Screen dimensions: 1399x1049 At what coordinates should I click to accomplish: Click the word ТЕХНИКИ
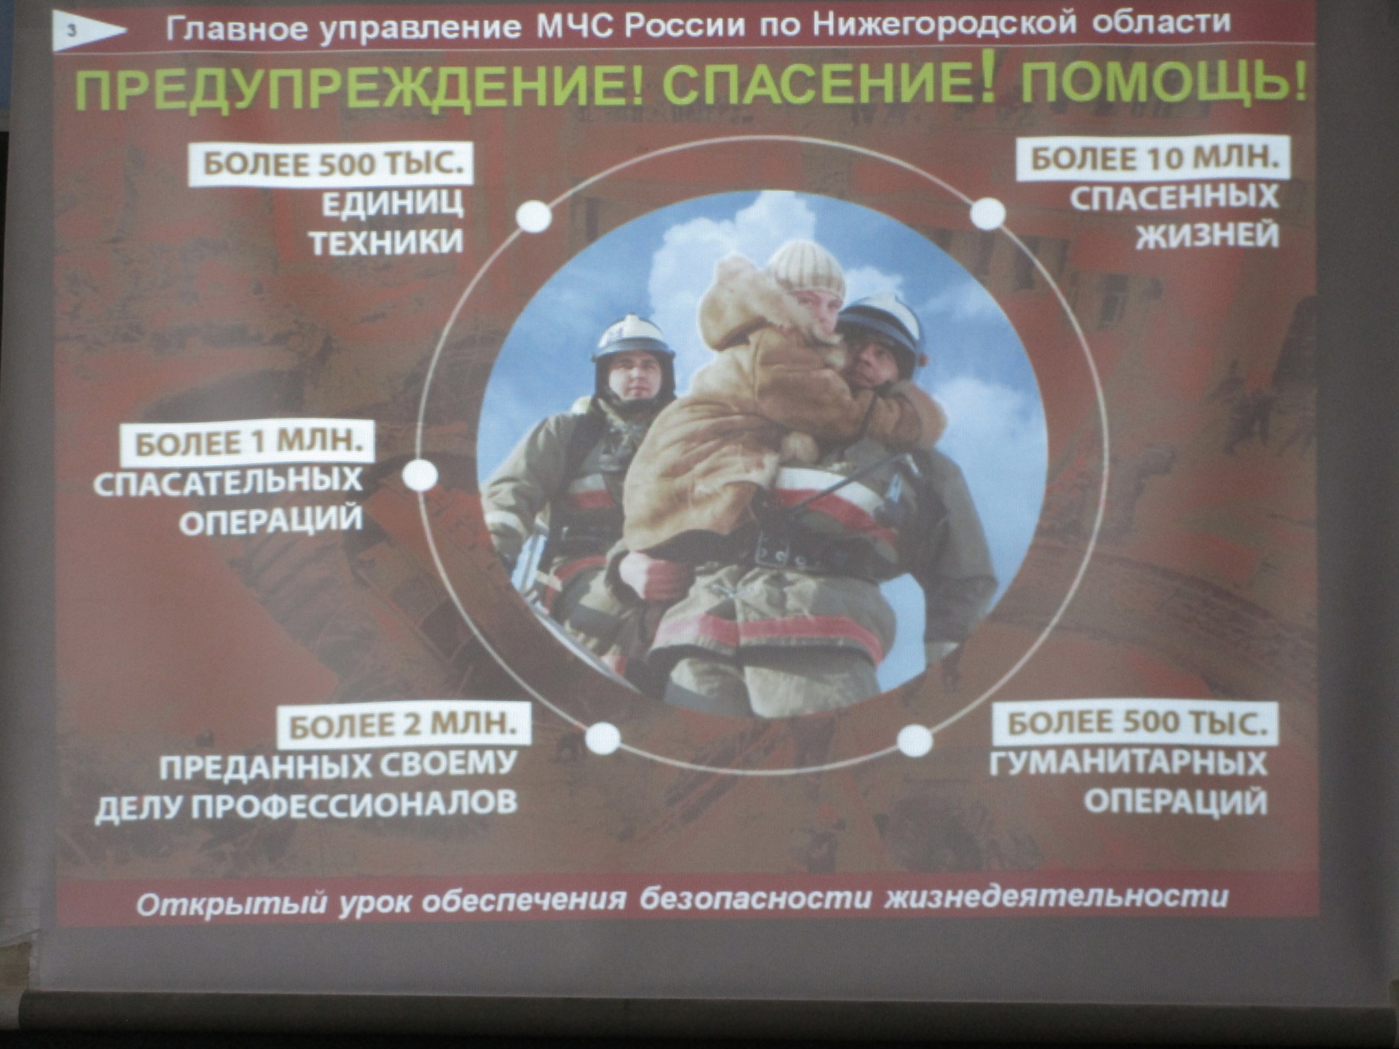point(387,241)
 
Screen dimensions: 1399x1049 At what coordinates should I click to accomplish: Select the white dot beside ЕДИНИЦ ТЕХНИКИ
point(534,217)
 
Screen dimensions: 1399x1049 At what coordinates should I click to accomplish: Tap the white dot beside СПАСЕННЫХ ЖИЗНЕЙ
point(987,214)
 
